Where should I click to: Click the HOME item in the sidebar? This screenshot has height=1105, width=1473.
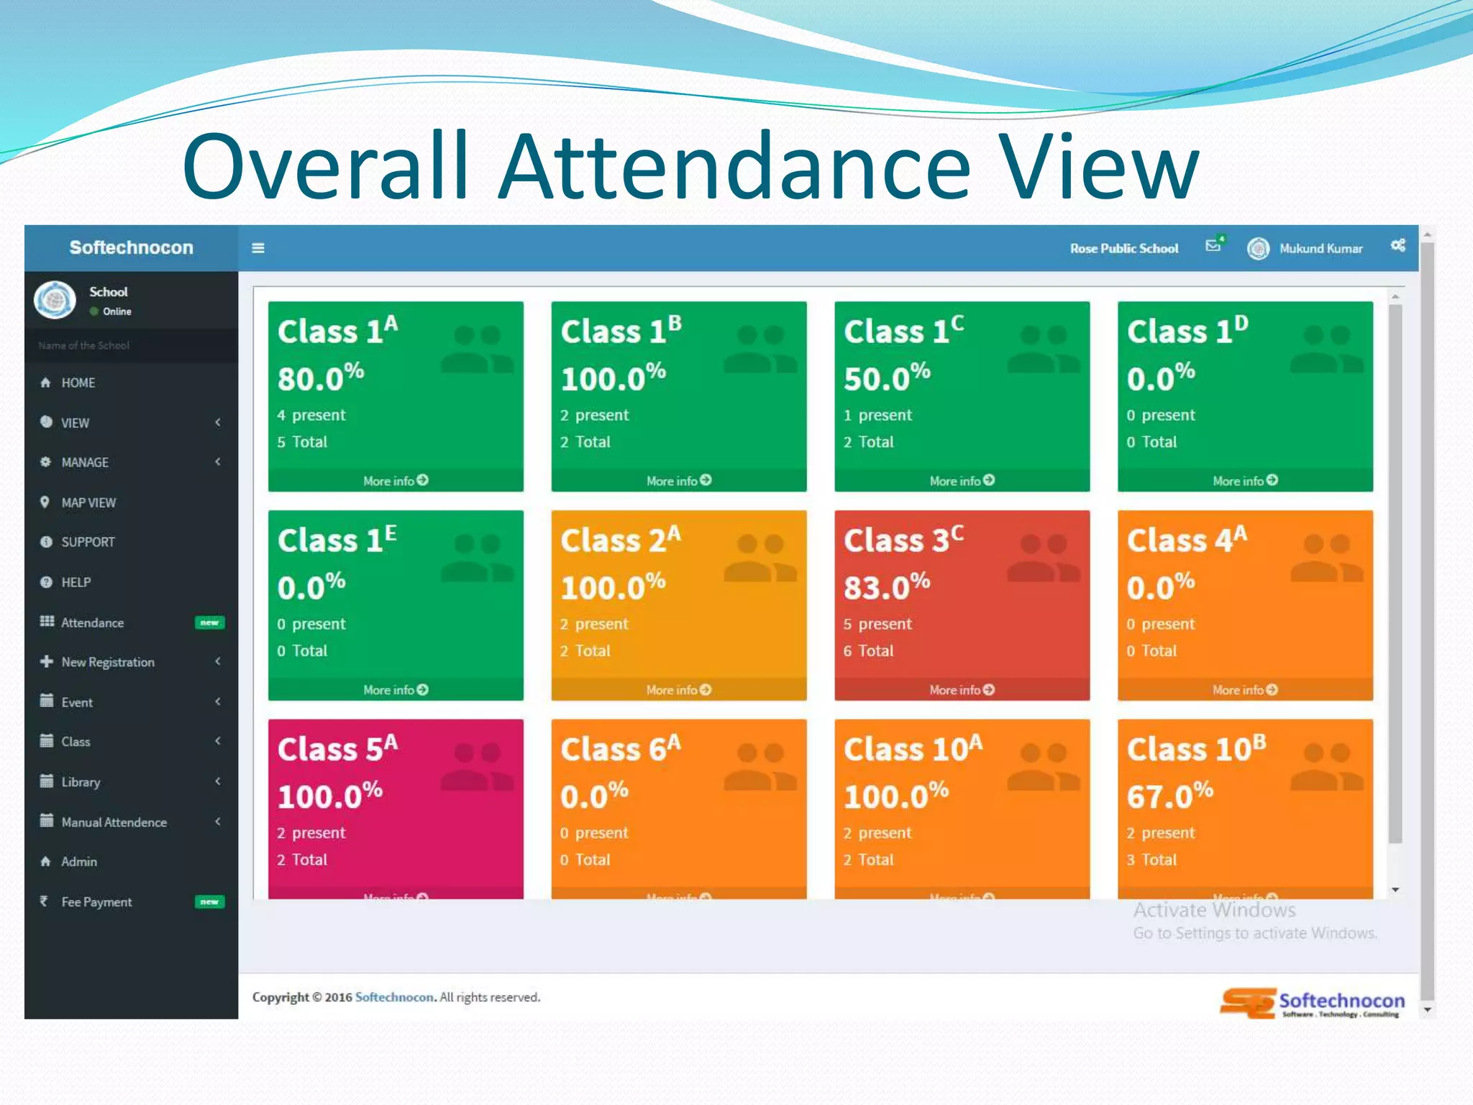coord(78,383)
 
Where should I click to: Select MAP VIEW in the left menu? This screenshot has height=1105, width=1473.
coord(88,503)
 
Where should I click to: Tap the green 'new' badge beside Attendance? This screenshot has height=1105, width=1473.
coord(209,622)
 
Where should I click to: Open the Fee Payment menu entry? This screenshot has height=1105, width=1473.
coord(96,902)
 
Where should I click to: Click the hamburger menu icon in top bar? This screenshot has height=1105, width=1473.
coord(258,248)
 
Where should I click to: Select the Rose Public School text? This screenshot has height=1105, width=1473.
coord(1123,248)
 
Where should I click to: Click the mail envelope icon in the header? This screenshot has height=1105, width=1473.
coord(1213,245)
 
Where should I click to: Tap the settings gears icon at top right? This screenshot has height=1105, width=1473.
coord(1397,245)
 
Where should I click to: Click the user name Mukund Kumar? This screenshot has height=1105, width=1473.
coord(1321,248)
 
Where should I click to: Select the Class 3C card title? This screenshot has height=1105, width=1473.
coord(903,540)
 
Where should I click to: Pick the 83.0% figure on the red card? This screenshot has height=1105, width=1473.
coord(886,586)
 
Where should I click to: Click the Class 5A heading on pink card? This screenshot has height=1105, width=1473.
coord(337,749)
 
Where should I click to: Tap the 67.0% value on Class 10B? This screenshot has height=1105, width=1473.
coord(1169,795)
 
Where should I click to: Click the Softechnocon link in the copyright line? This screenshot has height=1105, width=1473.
coord(394,997)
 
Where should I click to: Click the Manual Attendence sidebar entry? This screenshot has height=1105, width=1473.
coord(114,822)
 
